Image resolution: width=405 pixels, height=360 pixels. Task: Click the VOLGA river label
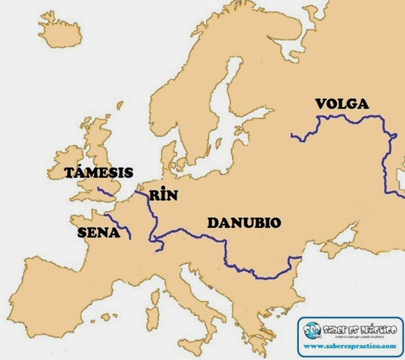[341, 105]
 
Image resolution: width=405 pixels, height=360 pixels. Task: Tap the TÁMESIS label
[99, 172]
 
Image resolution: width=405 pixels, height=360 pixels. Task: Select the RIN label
[163, 195]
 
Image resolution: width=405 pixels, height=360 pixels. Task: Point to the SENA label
[98, 233]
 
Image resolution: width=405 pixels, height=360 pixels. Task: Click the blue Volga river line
[348, 117]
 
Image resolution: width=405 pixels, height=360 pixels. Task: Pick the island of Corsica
[154, 296]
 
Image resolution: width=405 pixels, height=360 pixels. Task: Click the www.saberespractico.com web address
[350, 346]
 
